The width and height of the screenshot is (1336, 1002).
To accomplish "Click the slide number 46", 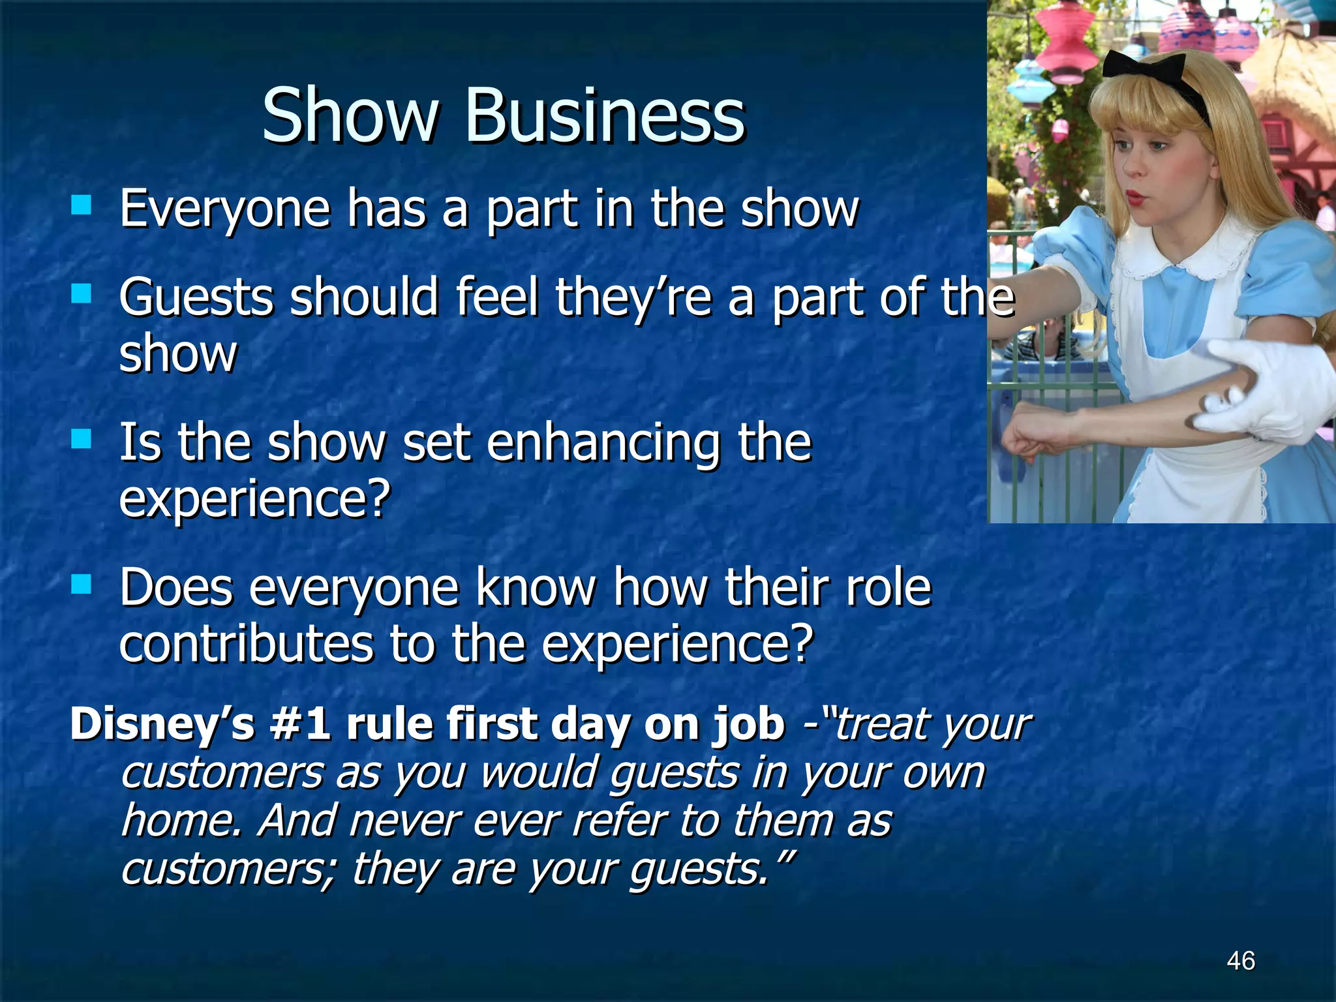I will point(1240,961).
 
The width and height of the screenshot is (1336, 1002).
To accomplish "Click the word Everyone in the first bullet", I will point(224,210).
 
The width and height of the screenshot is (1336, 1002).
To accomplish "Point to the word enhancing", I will point(603,444).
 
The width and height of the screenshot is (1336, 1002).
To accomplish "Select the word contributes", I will point(246,644).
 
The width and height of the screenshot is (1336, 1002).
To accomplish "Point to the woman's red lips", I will point(1136,196).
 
